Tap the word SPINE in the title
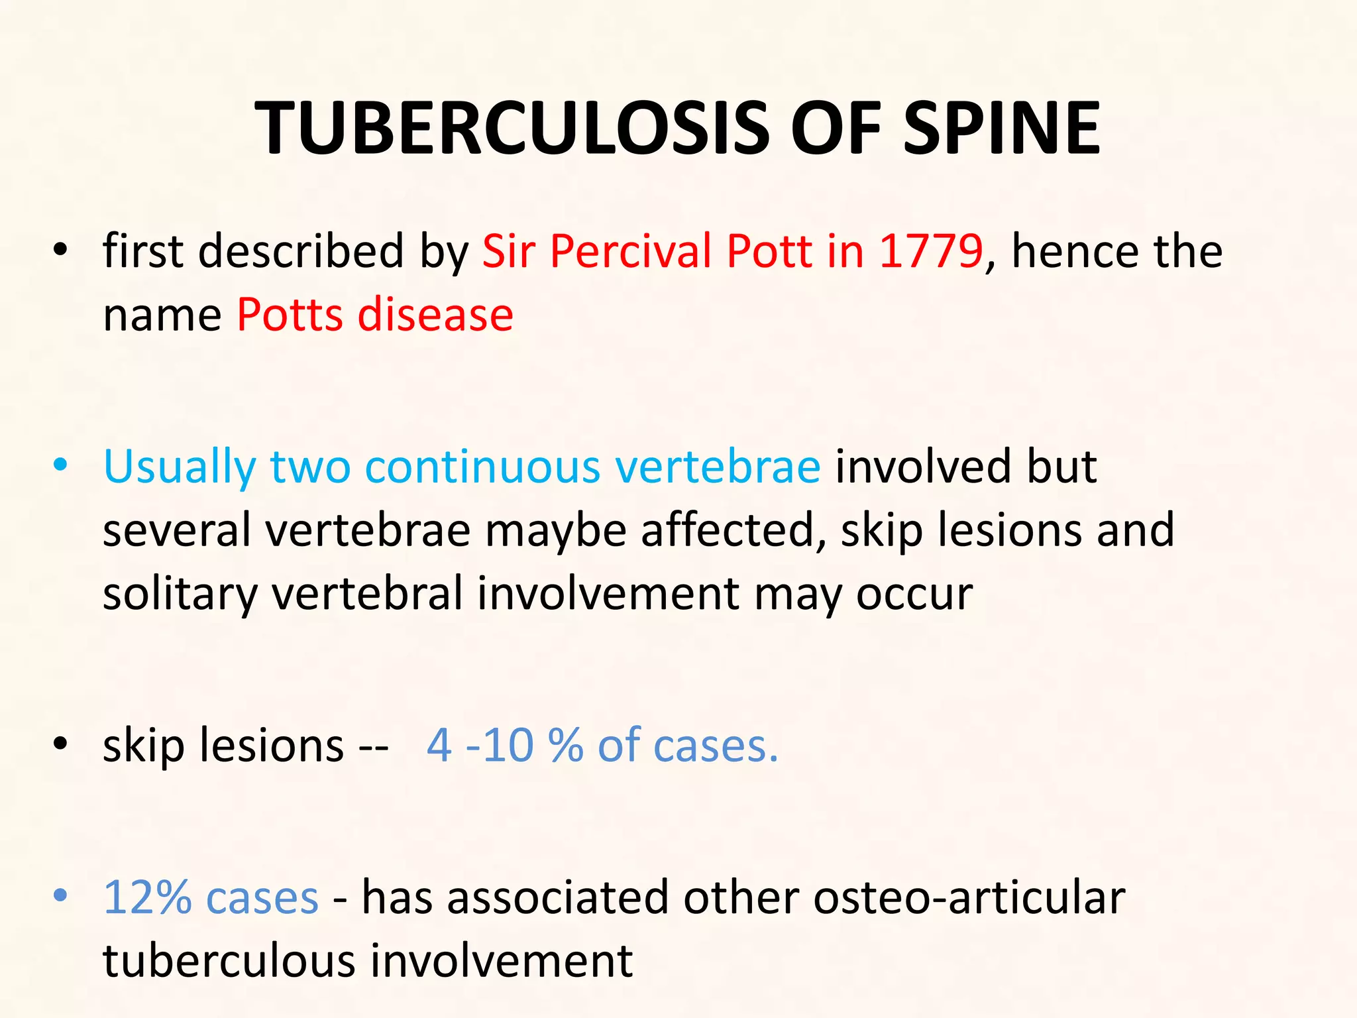[x=1001, y=128]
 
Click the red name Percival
[x=630, y=251]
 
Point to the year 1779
[x=930, y=251]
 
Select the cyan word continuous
[x=482, y=467]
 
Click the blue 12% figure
[x=147, y=898]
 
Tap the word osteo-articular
[x=969, y=898]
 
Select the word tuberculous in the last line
[x=229, y=961]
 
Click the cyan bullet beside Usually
[x=61, y=465]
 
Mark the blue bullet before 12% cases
[x=61, y=896]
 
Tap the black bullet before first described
[x=61, y=250]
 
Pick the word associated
[x=558, y=898]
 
